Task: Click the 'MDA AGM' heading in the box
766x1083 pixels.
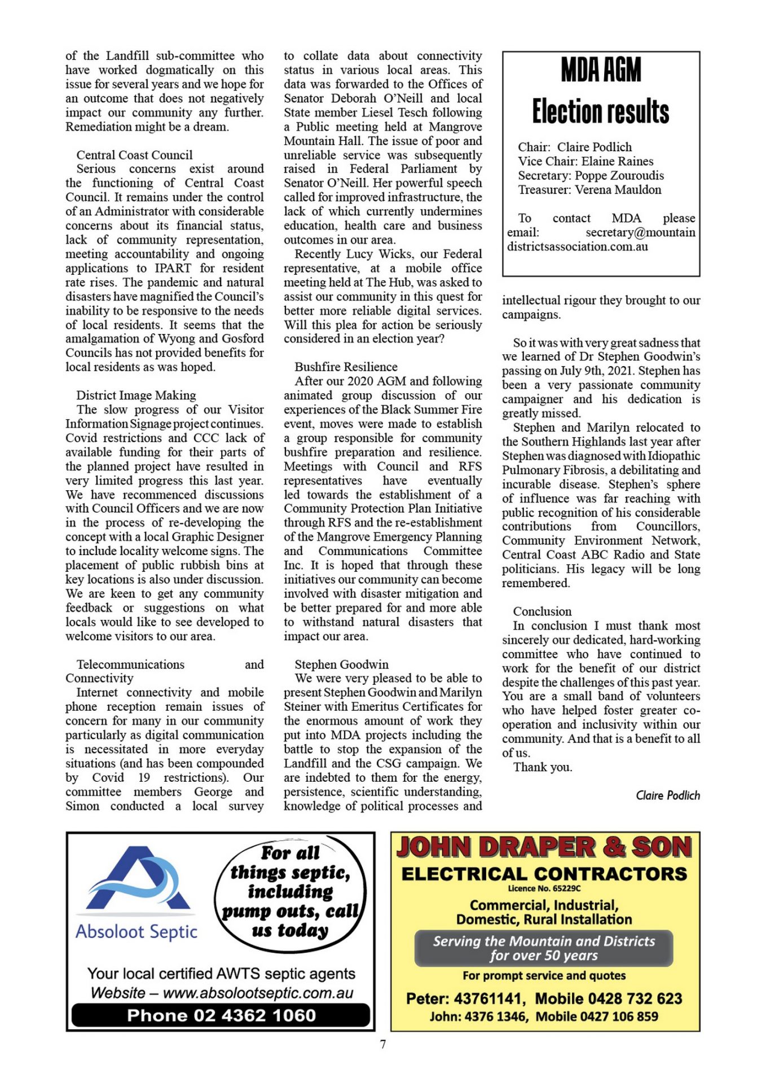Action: coord(601,70)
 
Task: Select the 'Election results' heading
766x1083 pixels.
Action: coord(601,111)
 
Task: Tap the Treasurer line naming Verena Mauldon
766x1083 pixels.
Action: coord(589,190)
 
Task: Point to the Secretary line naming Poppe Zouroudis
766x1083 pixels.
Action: coord(591,175)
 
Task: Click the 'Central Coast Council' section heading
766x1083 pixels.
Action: coord(134,155)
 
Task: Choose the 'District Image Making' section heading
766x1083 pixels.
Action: coord(136,395)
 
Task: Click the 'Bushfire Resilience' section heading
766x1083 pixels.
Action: coord(346,367)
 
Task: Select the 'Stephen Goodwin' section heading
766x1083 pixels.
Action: coord(341,664)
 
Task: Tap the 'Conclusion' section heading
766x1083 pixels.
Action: coord(542,611)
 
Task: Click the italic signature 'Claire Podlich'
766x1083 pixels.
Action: coord(667,795)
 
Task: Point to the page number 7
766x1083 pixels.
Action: coord(383,1044)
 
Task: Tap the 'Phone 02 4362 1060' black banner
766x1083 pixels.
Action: coord(221,1015)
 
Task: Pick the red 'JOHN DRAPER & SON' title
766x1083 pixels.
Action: coord(544,847)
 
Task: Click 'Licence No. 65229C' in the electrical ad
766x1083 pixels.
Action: coord(544,888)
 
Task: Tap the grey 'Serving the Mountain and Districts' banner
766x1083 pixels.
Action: coord(544,948)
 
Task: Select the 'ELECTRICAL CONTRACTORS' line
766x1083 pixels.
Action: coord(544,874)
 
